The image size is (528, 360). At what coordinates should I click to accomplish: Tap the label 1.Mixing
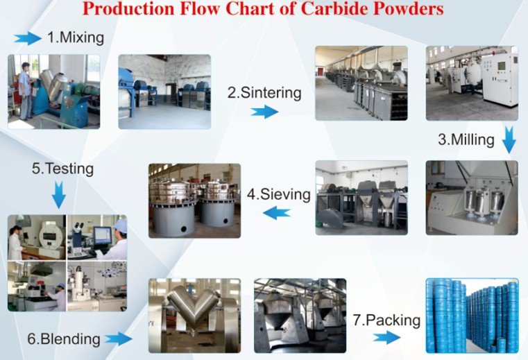coord(76,37)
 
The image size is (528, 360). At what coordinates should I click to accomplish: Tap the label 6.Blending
coord(63,339)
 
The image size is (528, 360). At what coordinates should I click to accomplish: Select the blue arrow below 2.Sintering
coord(264,112)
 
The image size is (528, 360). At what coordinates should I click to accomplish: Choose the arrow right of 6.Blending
coord(119,339)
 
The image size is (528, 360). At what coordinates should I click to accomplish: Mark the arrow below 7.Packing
coord(386,338)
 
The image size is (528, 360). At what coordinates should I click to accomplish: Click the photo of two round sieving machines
coord(195,200)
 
